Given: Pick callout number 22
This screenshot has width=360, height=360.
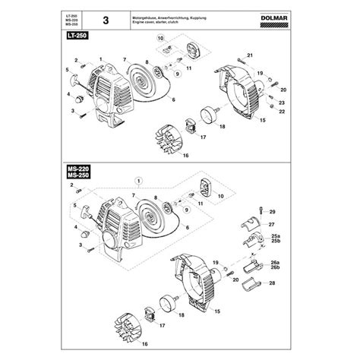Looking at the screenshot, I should (x=282, y=112).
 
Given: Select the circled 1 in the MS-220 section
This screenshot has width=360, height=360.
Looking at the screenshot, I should (x=139, y=181).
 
